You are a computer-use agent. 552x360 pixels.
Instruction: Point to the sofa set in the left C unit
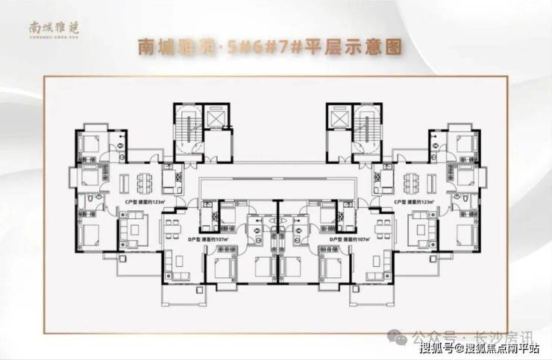click(x=135, y=224)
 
